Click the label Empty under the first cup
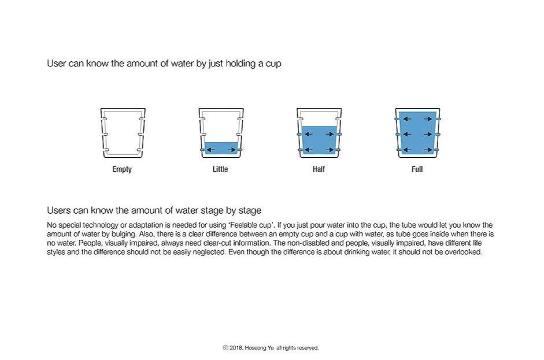tap(122, 169)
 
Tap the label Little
tap(220, 169)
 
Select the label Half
tap(319, 169)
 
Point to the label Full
tap(417, 169)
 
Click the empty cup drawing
tap(103, 133)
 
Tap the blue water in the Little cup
tap(221, 148)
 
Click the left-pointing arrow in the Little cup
tap(210, 150)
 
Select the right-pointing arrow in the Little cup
tap(232, 150)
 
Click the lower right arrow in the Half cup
tap(330, 150)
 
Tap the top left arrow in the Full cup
tap(407, 119)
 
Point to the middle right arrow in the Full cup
tap(428, 134)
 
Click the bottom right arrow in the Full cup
tap(428, 150)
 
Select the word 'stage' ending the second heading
tap(250, 211)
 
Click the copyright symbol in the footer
tap(225, 347)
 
